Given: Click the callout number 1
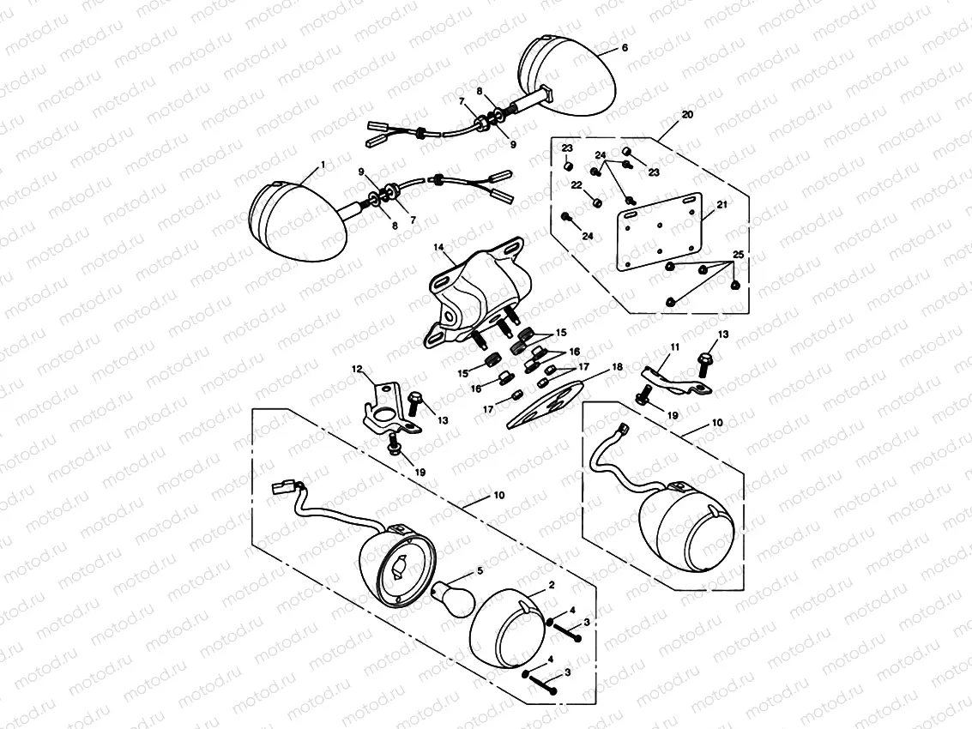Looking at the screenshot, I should pyautogui.click(x=322, y=163).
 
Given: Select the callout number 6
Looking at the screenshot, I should pyautogui.click(x=624, y=48).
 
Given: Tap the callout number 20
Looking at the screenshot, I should pyautogui.click(x=687, y=114).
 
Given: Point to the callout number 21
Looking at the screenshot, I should pyautogui.click(x=721, y=205).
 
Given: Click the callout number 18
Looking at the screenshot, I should pyautogui.click(x=616, y=366).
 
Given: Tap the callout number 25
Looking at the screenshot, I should pyautogui.click(x=736, y=256).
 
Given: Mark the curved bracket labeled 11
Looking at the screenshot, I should pyautogui.click(x=673, y=377).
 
